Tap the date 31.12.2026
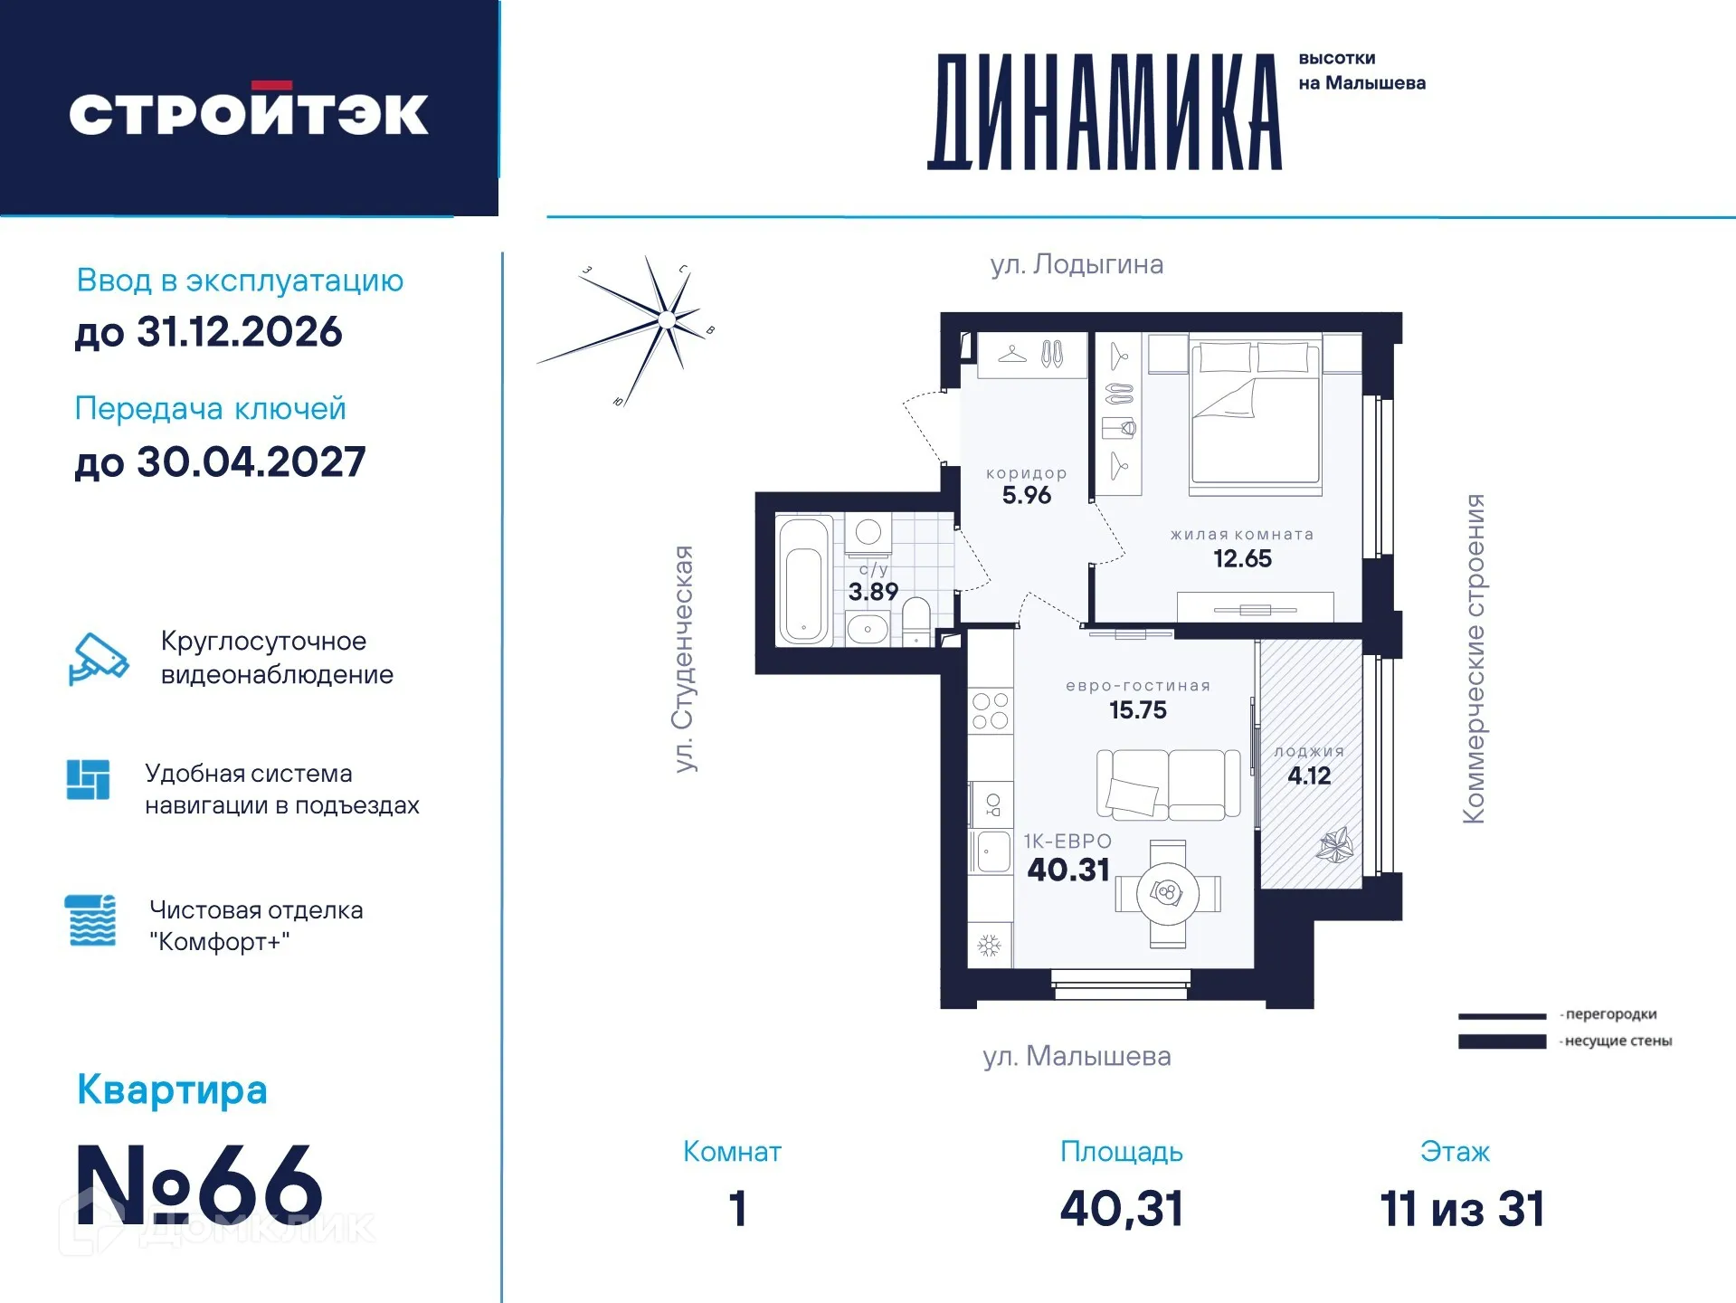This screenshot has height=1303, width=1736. pyautogui.click(x=239, y=332)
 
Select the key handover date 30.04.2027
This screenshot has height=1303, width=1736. pyautogui.click(x=251, y=462)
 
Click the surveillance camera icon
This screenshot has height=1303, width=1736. pyautogui.click(x=99, y=658)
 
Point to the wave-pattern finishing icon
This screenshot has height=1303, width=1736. pyautogui.click(x=91, y=920)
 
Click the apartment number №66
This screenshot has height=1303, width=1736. pyautogui.click(x=199, y=1184)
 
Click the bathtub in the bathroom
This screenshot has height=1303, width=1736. pyautogui.click(x=803, y=580)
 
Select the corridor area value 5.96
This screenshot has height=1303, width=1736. pyautogui.click(x=1027, y=495)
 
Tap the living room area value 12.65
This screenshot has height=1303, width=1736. pyautogui.click(x=1242, y=558)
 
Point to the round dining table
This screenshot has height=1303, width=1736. pyautogui.click(x=1168, y=894)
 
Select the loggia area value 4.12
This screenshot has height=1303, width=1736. pyautogui.click(x=1309, y=775)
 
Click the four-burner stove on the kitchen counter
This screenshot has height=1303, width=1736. pyautogui.click(x=990, y=710)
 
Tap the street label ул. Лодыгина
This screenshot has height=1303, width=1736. pyautogui.click(x=1077, y=264)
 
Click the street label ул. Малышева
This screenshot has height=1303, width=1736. pyautogui.click(x=1077, y=1056)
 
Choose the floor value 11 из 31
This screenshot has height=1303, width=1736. pyautogui.click(x=1461, y=1209)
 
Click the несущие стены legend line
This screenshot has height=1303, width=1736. pyautogui.click(x=1502, y=1041)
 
